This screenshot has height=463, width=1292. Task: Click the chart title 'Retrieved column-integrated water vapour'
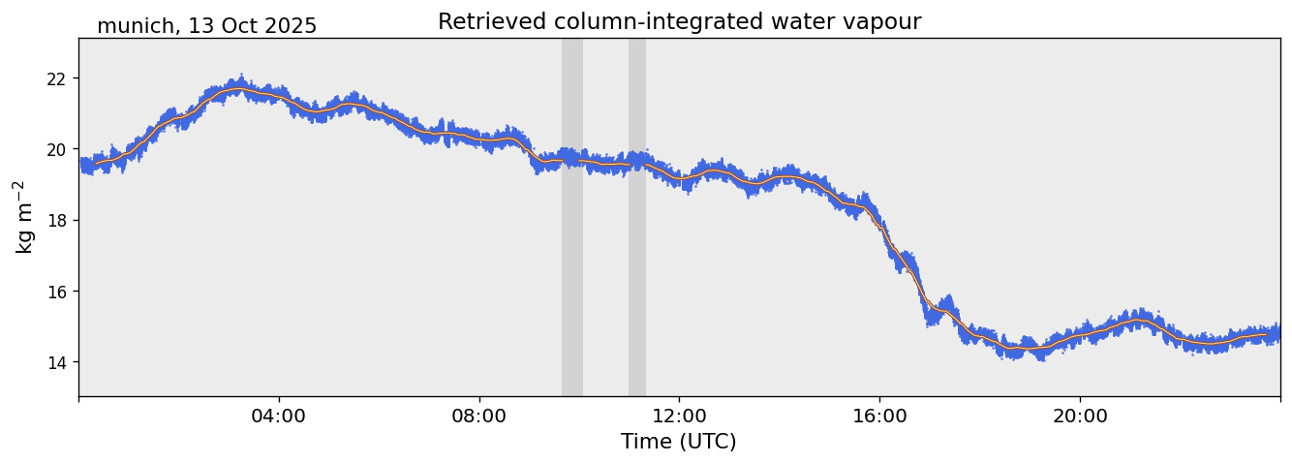[x=679, y=21]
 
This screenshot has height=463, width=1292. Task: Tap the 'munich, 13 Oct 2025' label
[x=206, y=26]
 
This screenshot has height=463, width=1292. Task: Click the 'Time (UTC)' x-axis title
[x=679, y=442]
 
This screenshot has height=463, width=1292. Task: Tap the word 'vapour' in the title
[x=883, y=21]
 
